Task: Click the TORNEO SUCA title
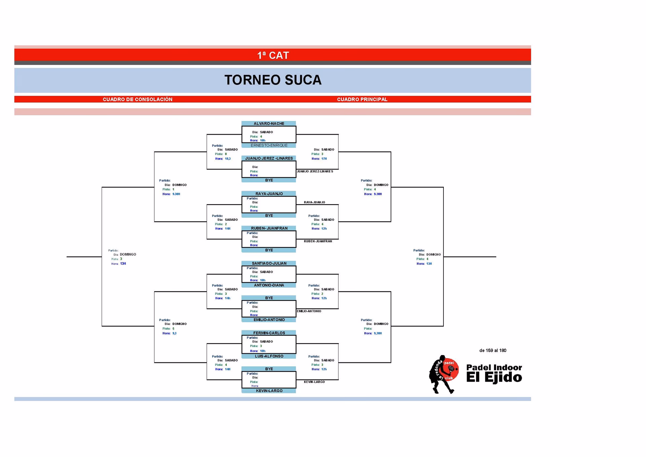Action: [x=273, y=80]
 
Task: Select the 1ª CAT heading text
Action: [x=273, y=55]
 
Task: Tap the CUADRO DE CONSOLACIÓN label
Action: [x=137, y=99]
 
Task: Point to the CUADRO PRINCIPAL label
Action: [x=362, y=99]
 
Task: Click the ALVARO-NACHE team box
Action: [x=269, y=124]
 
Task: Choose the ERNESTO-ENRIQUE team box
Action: [x=269, y=145]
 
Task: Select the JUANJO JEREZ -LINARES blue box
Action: [x=269, y=158]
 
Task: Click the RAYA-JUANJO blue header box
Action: [x=269, y=194]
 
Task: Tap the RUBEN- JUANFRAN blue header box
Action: [x=269, y=228]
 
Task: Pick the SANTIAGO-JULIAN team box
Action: [x=269, y=263]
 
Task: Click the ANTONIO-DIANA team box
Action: [x=269, y=285]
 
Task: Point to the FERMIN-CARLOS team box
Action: [x=269, y=333]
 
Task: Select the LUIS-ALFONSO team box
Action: [x=269, y=356]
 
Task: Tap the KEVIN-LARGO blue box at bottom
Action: [x=269, y=391]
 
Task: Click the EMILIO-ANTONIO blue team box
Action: [x=269, y=320]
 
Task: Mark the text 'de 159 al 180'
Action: [x=493, y=350]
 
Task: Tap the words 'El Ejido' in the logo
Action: [x=494, y=378]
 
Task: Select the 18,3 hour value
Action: [x=228, y=159]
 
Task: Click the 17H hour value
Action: [x=324, y=159]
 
